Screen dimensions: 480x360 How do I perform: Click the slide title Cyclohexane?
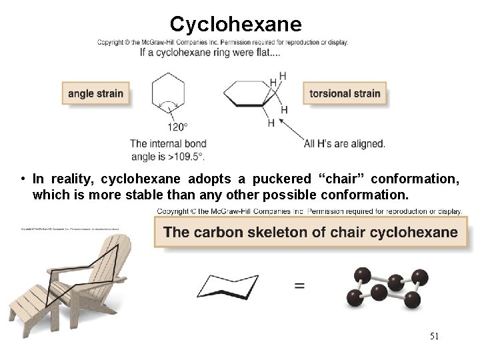[235, 24]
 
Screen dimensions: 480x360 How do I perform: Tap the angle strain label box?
[95, 93]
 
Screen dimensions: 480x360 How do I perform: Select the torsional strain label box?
[345, 93]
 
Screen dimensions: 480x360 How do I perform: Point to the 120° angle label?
[177, 127]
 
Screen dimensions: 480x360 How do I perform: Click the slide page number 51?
[434, 337]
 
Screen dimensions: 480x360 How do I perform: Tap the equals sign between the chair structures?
[300, 285]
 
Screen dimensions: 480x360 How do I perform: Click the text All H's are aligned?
[344, 143]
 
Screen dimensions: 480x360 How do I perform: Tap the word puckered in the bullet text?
[283, 179]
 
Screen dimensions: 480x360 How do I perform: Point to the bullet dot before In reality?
[23, 179]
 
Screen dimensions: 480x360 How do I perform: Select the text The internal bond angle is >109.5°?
[168, 150]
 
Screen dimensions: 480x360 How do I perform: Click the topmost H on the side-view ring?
[283, 76]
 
